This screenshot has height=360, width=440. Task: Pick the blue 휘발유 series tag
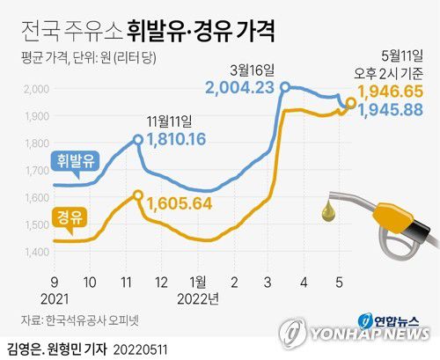(x=77, y=161)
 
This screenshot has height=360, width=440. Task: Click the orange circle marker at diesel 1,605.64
(x=137, y=195)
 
